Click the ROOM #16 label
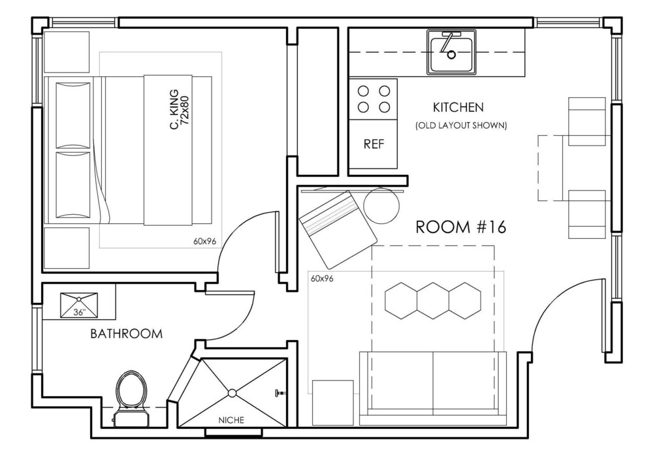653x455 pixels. [x=460, y=227]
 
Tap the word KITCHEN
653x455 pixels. [x=458, y=108]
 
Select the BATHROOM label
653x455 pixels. [x=126, y=334]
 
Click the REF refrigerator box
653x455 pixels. [x=374, y=144]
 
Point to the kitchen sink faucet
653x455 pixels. [x=448, y=44]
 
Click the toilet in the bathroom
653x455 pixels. [x=131, y=398]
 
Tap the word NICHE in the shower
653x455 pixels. [x=232, y=420]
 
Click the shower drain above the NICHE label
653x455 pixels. [x=232, y=392]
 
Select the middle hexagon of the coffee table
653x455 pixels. [x=433, y=300]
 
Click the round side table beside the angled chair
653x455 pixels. [x=381, y=206]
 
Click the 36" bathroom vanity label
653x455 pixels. [x=79, y=312]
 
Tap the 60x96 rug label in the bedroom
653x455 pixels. [x=204, y=241]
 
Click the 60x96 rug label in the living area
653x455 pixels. [x=322, y=279]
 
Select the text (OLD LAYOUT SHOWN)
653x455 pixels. [x=461, y=125]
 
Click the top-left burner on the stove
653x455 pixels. [x=364, y=91]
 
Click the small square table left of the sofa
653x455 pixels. [x=333, y=403]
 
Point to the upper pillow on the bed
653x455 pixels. [x=73, y=115]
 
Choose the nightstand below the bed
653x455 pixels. [x=67, y=247]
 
